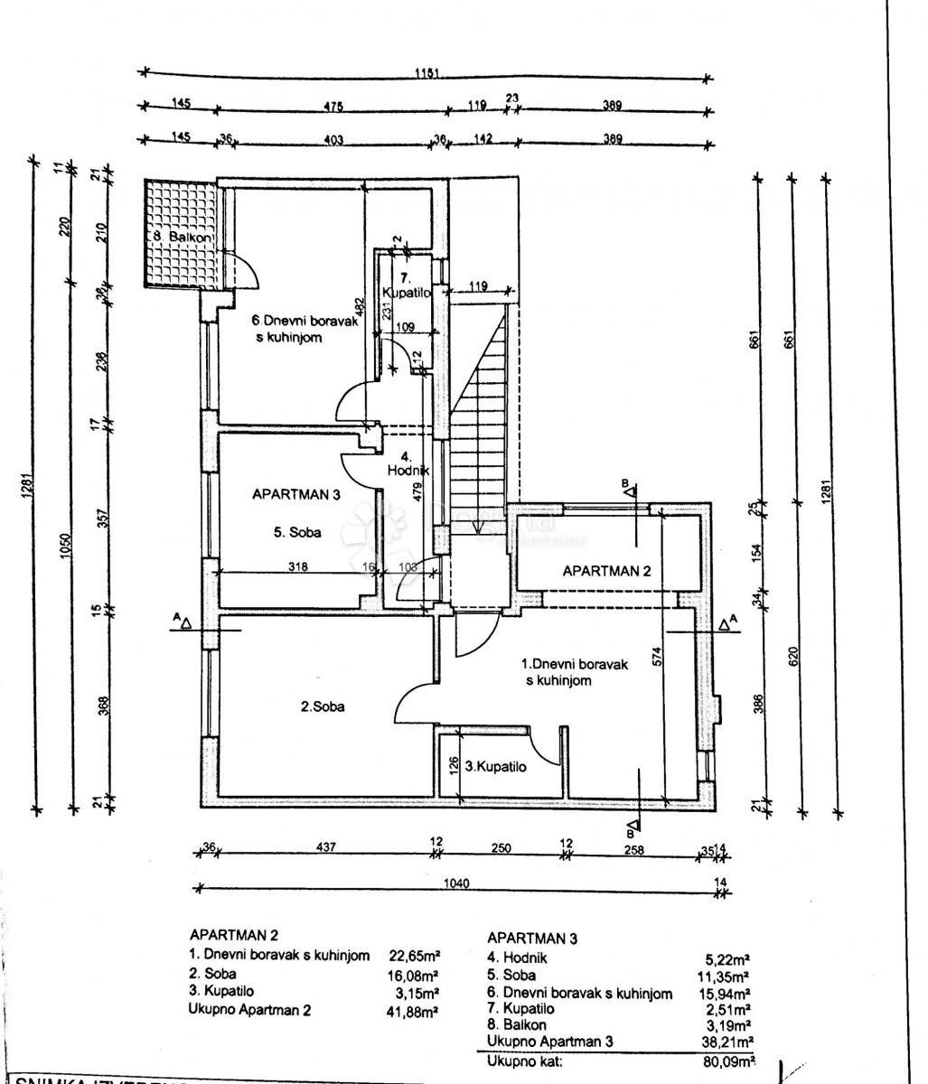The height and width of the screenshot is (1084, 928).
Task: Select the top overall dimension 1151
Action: (x=427, y=74)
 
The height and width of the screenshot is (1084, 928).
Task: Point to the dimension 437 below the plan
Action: (x=326, y=847)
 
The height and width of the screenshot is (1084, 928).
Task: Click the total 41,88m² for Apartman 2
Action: (x=412, y=1011)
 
